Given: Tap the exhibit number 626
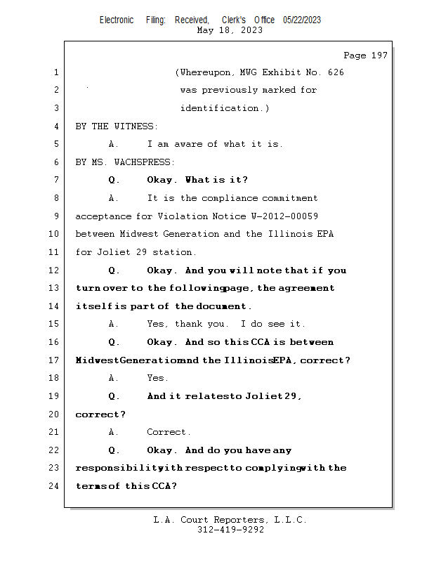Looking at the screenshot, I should point(336,72).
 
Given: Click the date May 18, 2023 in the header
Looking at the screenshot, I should point(230,30).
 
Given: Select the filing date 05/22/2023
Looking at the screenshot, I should point(302,20).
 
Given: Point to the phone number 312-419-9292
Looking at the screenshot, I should point(230,530).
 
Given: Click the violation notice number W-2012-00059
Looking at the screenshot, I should point(280,216).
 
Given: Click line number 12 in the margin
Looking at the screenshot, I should point(55,270).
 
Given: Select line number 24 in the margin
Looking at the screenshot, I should point(55,486).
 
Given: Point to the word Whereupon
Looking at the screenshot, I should point(205,72).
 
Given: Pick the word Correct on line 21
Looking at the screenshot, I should point(168,432).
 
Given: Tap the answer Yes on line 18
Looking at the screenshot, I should point(157,378).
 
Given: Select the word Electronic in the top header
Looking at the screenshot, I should point(117,20).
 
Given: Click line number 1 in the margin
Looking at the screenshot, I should point(55,72).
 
